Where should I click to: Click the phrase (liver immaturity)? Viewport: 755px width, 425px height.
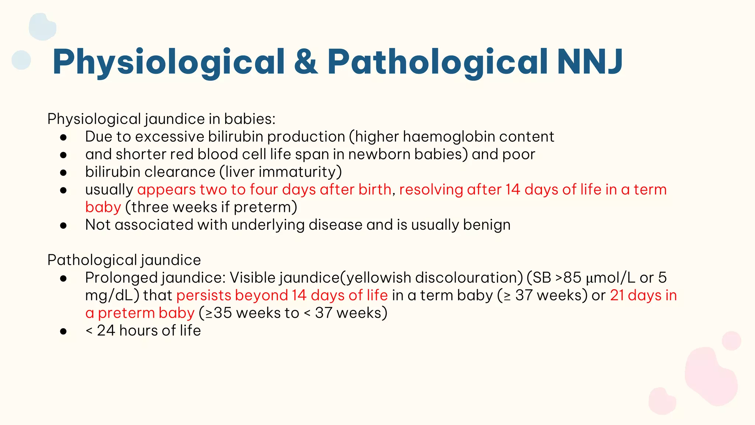281,172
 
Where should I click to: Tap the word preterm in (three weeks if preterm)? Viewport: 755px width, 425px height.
265,207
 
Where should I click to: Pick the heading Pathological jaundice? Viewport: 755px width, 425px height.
124,260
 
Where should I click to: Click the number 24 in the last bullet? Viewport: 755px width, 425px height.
106,331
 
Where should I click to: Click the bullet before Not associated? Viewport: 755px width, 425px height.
63,225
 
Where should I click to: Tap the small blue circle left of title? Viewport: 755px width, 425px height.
21,60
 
